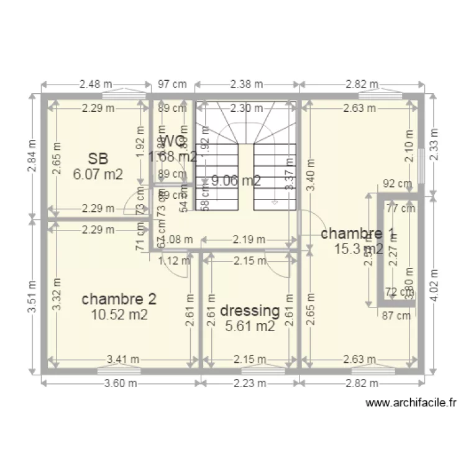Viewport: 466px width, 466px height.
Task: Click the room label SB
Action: click(98, 158)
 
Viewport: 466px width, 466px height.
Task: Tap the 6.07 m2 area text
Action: click(98, 174)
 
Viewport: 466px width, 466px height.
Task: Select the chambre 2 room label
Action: click(119, 299)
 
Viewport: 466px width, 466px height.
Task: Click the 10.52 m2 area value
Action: click(119, 315)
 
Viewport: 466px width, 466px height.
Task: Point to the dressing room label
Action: click(250, 310)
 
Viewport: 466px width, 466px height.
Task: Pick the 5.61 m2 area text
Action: click(250, 326)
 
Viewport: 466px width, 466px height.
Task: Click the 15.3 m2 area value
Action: click(358, 249)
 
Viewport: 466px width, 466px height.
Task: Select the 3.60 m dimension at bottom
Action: click(121, 383)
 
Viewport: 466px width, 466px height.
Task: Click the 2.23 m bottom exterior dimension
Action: click(250, 383)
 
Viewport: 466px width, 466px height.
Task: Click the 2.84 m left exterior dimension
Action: click(32, 157)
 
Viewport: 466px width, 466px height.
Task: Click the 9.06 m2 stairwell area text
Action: click(235, 181)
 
